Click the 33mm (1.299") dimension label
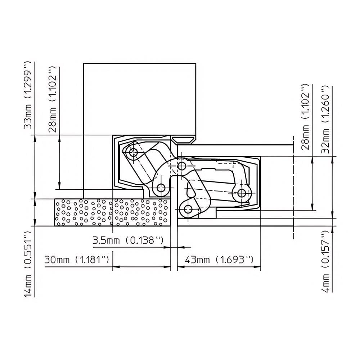(x=28, y=95)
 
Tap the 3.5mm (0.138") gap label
(x=128, y=240)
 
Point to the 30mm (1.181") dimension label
(x=76, y=260)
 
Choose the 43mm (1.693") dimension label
(x=219, y=260)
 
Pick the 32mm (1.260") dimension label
(x=325, y=120)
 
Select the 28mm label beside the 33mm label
(x=52, y=99)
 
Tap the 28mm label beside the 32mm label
(x=305, y=117)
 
